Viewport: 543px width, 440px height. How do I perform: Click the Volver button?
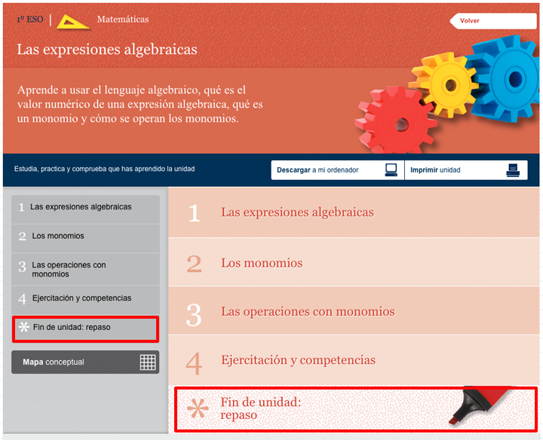pos(493,21)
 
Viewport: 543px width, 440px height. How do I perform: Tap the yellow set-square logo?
pos(72,22)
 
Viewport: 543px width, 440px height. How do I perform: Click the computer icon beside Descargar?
pos(391,170)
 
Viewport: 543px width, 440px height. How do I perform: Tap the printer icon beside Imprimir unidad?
pos(513,170)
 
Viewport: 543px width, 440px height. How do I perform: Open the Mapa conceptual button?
pos(85,362)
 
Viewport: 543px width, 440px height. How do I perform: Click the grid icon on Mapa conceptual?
pos(148,362)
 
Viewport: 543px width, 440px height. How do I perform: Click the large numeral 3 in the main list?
pos(194,315)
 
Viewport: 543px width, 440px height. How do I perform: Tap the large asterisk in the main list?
pos(198,408)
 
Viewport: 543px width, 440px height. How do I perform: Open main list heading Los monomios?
pos(262,263)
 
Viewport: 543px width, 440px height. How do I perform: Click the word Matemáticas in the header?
pos(123,19)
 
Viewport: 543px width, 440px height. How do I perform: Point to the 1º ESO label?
pos(30,20)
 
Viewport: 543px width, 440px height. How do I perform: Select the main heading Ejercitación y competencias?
pos(299,360)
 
